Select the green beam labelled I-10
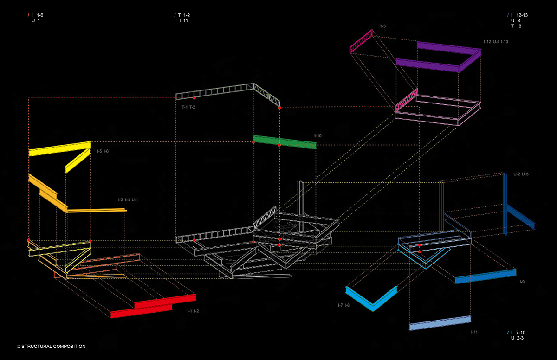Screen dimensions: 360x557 coord(285,142)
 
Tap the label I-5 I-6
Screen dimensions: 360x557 coord(103,151)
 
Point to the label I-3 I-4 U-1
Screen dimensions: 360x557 coord(128,199)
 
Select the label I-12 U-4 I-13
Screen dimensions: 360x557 coord(496,42)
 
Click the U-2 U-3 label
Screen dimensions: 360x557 coord(521,174)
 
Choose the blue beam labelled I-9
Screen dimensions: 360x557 coord(485,276)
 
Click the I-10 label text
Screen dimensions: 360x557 coord(318,135)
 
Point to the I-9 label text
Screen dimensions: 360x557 coord(522,282)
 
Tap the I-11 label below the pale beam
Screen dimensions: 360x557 coord(474,332)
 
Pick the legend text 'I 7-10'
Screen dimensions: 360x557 coord(519,332)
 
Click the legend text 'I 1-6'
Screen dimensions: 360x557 coord(37,15)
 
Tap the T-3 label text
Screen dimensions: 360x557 coord(382,26)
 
